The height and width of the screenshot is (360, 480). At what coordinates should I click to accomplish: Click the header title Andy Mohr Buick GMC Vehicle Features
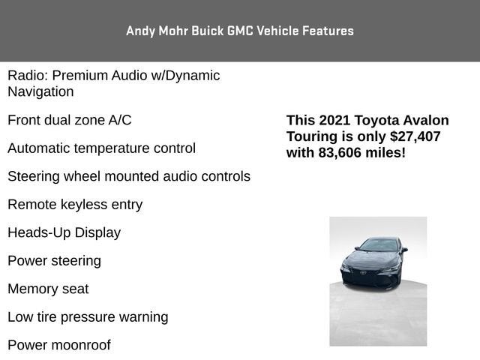point(239,31)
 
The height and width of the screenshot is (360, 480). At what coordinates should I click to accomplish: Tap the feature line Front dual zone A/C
point(69,120)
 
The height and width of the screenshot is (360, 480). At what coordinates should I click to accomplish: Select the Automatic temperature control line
point(101,148)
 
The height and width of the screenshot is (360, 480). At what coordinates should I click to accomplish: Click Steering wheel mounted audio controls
point(128,176)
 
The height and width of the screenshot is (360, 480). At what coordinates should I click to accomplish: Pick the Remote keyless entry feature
point(74,204)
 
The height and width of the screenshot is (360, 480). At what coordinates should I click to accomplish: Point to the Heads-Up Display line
point(64,232)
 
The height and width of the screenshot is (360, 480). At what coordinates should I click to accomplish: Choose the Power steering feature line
point(54,260)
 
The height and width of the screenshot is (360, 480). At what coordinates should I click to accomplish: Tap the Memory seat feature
point(48,289)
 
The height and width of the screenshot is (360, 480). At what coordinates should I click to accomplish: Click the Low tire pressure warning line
point(88,316)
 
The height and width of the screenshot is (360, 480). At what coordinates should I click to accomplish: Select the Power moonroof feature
point(58,345)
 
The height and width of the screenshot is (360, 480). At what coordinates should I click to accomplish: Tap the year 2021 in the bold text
point(334,121)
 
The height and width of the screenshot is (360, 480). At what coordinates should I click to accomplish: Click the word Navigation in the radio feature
point(40,91)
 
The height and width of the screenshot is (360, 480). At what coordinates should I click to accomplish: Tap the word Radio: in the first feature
point(28,76)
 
